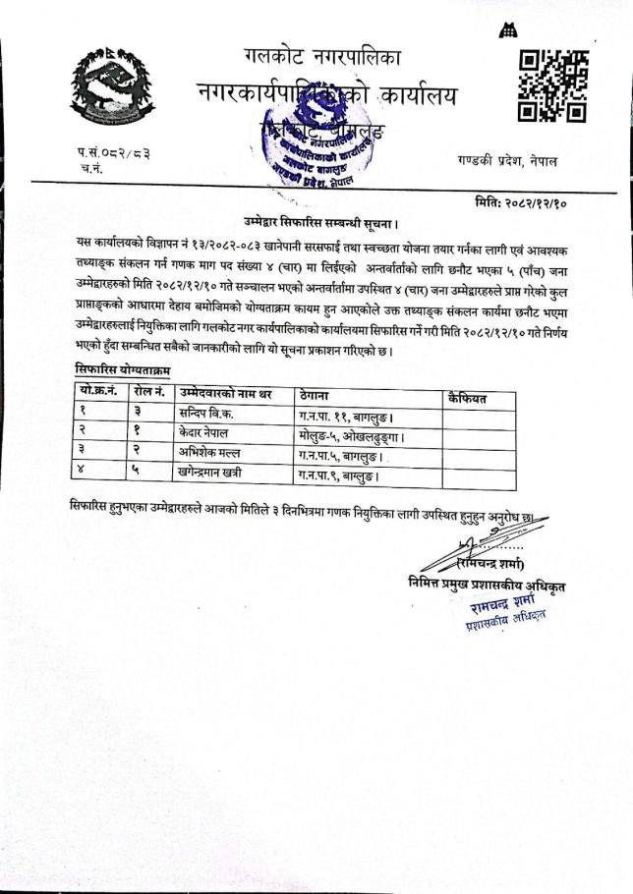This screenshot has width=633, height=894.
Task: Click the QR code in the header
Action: tap(552, 86)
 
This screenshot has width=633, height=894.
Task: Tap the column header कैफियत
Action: tap(466, 397)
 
